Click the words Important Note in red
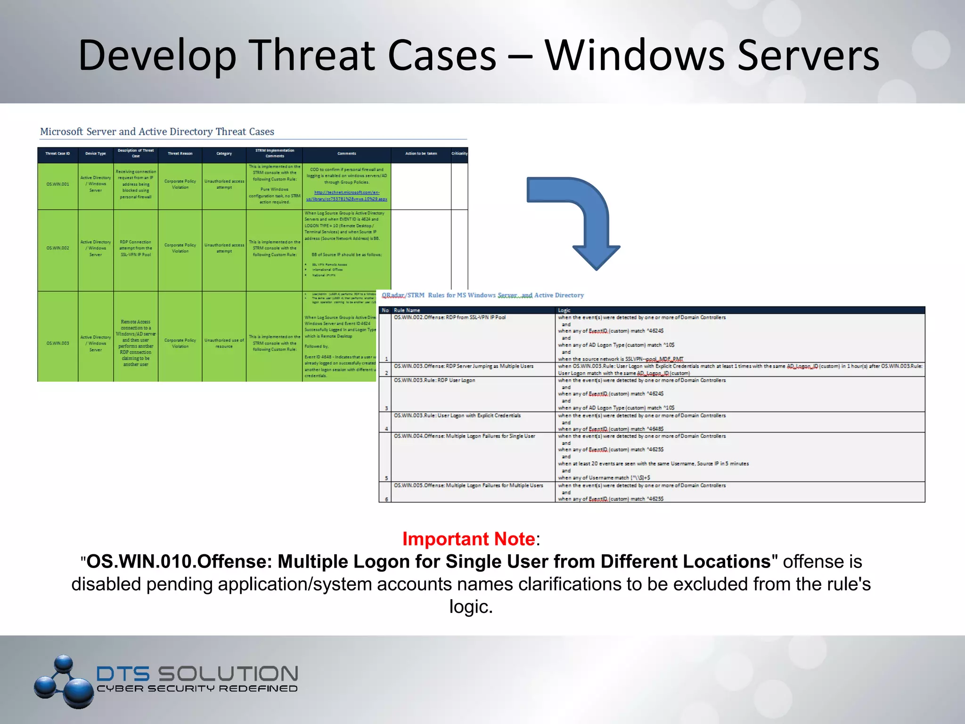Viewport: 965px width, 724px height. coord(468,539)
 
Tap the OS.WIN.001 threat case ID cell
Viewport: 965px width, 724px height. coord(57,184)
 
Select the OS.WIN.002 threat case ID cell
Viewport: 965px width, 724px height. coord(57,248)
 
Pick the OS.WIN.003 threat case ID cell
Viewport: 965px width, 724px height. coord(57,343)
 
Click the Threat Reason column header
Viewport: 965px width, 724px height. coord(180,154)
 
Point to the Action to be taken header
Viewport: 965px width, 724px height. coord(421,154)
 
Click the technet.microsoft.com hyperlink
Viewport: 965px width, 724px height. coord(347,196)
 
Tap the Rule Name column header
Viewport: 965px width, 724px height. coord(407,310)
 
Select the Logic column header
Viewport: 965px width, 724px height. coord(564,310)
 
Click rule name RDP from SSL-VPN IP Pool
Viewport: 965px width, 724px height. coord(450,317)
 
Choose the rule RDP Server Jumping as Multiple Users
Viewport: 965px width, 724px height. coord(464,366)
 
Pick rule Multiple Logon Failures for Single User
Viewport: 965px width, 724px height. coord(465,436)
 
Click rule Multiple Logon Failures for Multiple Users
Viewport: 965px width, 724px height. coord(468,485)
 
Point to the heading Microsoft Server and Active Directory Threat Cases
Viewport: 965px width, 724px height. coord(157,132)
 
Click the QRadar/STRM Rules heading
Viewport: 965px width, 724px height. coord(482,295)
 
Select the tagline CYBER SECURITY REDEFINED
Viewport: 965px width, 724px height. coord(197,689)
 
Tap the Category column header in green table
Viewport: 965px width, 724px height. coord(224,154)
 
